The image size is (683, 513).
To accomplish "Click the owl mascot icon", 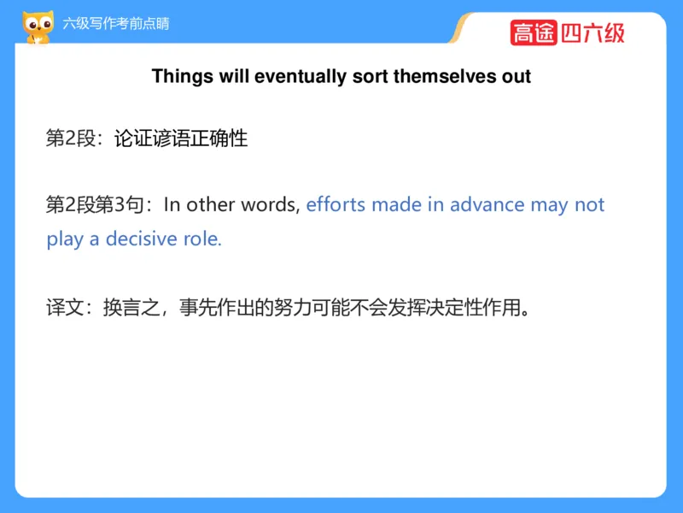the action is tap(38, 27).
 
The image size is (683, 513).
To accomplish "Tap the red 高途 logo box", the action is tap(534, 32).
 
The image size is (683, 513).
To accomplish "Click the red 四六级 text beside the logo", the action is tap(593, 33).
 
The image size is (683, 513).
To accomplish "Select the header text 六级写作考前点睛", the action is tap(116, 24).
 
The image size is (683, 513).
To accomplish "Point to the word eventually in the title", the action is tap(301, 77).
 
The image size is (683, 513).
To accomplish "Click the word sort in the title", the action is tap(370, 77).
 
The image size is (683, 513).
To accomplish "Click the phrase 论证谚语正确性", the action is tap(181, 139).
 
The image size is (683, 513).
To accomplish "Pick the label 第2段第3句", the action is tap(95, 204).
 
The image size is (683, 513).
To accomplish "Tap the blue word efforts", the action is tap(336, 204).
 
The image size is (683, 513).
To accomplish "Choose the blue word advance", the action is tap(487, 204).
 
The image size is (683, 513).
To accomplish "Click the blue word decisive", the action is tap(141, 239).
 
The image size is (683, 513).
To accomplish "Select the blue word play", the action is tap(65, 240).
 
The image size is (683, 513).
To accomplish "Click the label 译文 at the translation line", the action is tap(65, 308).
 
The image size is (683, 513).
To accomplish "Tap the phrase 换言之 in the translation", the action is tap(131, 308).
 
